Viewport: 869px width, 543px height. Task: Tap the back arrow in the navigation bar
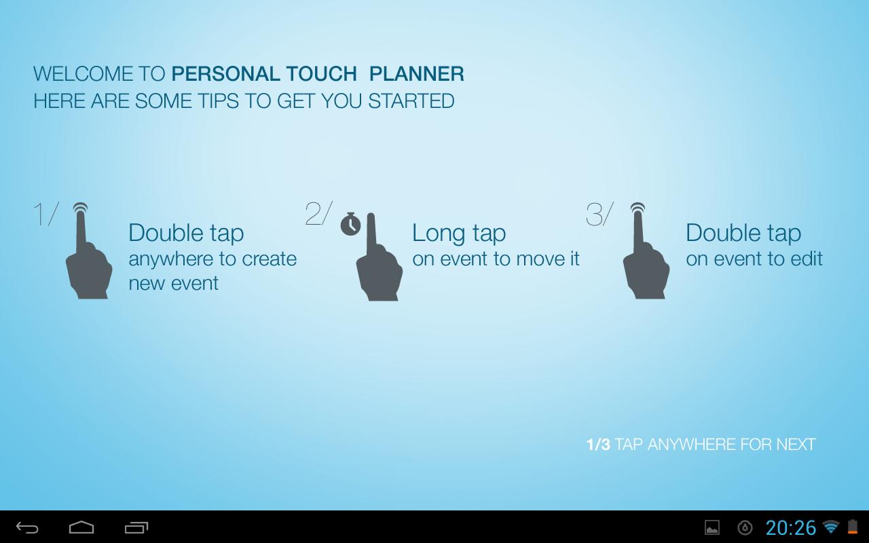27,527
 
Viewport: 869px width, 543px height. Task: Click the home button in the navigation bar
81,527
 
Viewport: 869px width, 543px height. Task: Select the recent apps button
136,527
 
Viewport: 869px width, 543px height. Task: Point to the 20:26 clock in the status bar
791,527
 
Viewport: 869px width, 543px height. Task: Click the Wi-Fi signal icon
831,527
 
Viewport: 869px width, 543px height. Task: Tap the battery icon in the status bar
853,527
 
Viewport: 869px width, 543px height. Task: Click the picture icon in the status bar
712,527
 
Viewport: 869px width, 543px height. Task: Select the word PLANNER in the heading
417,74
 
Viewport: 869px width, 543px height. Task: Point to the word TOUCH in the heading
322,74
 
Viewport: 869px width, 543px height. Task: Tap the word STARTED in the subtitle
411,101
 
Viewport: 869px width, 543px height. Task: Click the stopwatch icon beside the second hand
351,224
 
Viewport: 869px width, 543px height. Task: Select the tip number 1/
46,213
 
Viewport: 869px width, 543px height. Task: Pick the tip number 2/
319,213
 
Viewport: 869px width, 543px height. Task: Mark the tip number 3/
599,213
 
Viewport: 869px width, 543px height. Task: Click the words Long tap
459,233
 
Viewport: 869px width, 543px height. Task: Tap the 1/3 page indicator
598,445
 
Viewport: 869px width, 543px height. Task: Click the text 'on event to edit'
754,259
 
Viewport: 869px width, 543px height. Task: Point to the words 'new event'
173,283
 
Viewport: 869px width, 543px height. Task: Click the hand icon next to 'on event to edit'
646,252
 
